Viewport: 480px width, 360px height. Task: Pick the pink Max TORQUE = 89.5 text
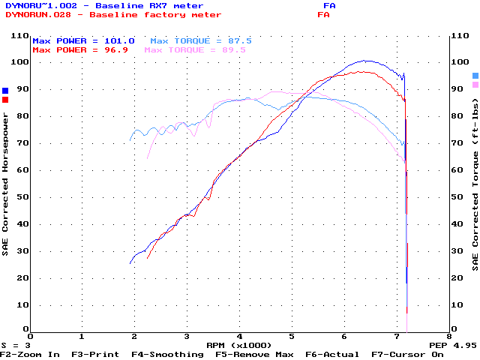pos(195,49)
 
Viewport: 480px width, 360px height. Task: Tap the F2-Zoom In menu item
pos(30,354)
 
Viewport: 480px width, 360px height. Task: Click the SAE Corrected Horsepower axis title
pos(6,184)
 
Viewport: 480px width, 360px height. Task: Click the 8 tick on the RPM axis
pos(448,337)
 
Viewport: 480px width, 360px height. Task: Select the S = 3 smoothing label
pos(15,346)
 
